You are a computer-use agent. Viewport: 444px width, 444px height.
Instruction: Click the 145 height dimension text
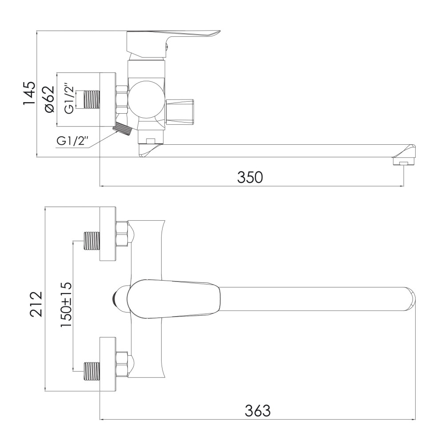point(29,93)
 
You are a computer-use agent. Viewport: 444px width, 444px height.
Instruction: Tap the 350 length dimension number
point(250,177)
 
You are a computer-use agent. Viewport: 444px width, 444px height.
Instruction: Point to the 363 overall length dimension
point(258,411)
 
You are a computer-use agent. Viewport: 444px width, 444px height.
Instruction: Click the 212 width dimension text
point(37,304)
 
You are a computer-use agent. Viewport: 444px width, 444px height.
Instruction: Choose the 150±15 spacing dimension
point(66,305)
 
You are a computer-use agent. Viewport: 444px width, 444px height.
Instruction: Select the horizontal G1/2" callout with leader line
point(73,141)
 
